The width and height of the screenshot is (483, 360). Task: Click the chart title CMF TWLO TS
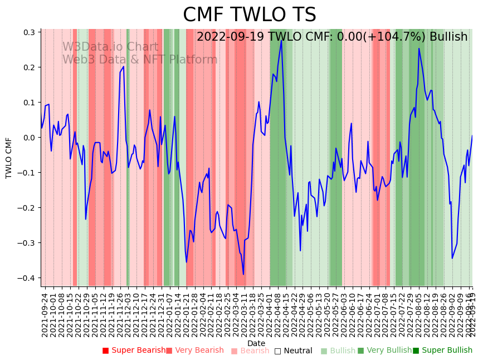(x=249, y=15)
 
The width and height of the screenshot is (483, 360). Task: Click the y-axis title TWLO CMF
(x=9, y=158)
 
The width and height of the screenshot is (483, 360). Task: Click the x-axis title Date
(x=256, y=343)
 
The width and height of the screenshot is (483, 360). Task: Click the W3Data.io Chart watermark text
(x=110, y=47)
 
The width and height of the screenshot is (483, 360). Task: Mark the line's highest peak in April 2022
(x=281, y=41)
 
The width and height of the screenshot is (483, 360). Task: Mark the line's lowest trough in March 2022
(x=243, y=274)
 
